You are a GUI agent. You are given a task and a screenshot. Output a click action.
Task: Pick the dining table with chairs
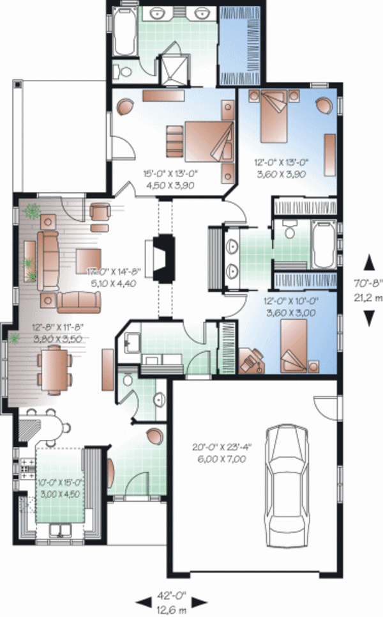click(56, 369)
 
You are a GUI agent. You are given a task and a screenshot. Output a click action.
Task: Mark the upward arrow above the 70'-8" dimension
click(368, 260)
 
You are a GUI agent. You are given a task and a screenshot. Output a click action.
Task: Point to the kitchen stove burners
click(27, 468)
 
